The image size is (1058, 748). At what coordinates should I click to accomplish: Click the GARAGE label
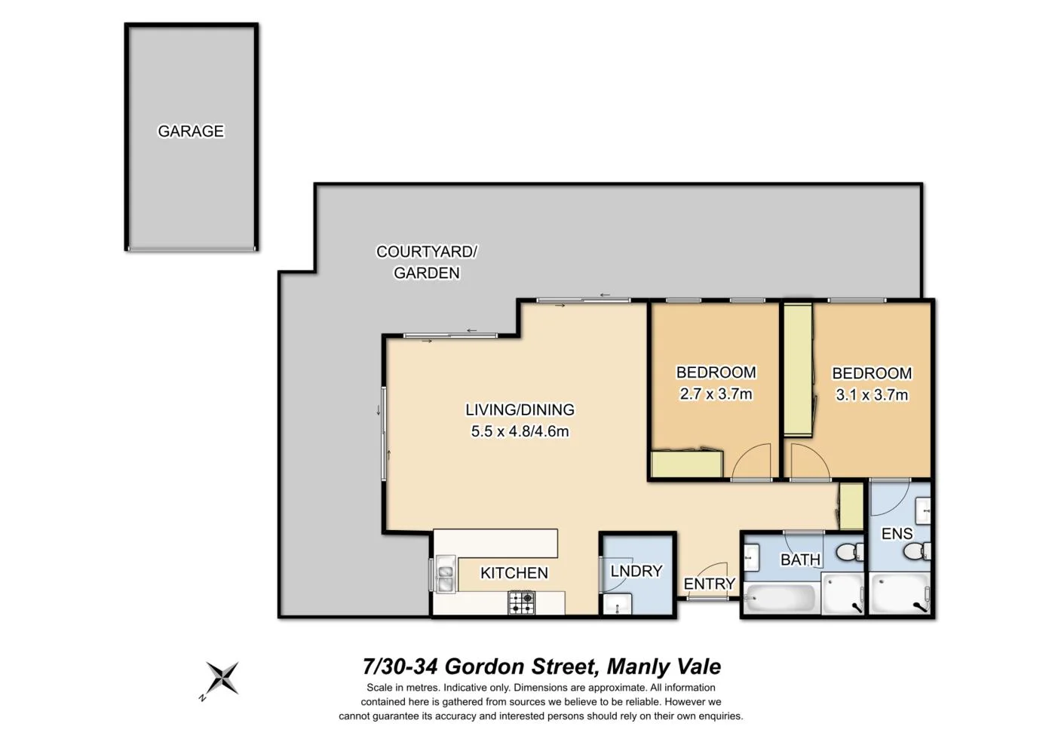191,131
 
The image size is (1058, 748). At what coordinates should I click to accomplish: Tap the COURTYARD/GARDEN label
427,262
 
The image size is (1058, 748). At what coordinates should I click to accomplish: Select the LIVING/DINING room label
520,409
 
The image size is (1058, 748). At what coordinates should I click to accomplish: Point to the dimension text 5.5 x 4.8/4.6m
520,431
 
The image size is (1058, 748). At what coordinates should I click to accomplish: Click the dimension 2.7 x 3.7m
716,394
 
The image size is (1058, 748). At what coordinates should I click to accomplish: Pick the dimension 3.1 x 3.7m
872,394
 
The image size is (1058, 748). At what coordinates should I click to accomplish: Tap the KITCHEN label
514,573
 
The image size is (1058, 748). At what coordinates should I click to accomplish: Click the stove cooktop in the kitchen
521,602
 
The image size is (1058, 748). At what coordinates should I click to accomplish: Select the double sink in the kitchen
445,575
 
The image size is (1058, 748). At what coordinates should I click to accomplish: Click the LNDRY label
636,572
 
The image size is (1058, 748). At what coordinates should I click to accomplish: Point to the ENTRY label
709,584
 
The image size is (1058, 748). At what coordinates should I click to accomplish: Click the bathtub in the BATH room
780,599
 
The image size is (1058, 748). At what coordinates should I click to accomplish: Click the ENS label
897,534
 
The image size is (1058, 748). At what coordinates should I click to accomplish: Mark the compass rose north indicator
222,678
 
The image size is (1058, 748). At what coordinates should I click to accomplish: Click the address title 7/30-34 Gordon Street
541,667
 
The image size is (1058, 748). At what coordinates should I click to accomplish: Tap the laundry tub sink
619,604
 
